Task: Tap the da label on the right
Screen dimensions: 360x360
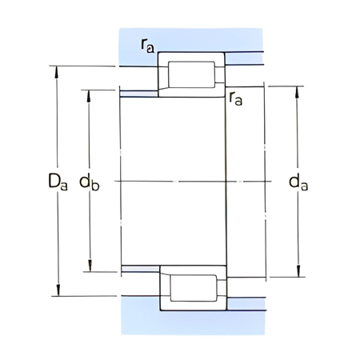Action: click(298, 183)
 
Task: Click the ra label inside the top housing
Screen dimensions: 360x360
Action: click(148, 46)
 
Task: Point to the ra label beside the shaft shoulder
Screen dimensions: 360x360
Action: click(235, 99)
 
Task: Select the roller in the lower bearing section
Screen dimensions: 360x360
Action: click(190, 287)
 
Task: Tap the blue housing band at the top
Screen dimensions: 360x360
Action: click(192, 40)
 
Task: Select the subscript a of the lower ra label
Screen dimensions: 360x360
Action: click(238, 102)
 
